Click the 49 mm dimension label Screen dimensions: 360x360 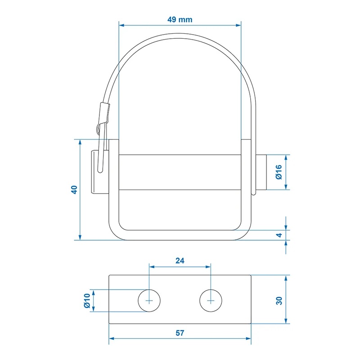[180, 20]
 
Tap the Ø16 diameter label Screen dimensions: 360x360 [279, 172]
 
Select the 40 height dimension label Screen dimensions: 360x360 [75, 189]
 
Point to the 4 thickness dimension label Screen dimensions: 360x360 [279, 235]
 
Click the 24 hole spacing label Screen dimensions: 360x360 [180, 261]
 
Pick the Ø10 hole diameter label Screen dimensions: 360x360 [87, 301]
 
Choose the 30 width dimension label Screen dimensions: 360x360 [279, 301]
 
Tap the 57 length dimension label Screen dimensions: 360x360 [180, 333]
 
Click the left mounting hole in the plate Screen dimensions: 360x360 [149, 301]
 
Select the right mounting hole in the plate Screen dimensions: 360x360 [211, 301]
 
